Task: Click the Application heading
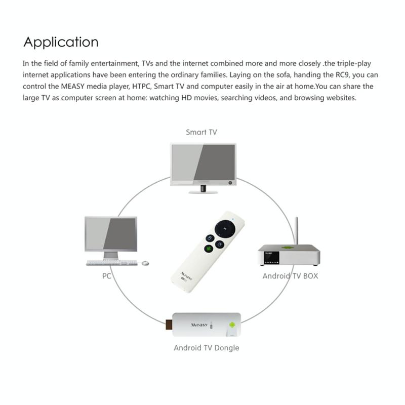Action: click(61, 42)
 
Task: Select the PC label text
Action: click(106, 277)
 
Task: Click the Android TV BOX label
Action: click(290, 276)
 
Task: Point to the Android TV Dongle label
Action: click(206, 348)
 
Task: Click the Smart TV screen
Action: click(202, 163)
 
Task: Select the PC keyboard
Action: click(111, 263)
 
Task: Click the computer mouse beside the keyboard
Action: click(145, 263)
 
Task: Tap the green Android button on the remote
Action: click(207, 250)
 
